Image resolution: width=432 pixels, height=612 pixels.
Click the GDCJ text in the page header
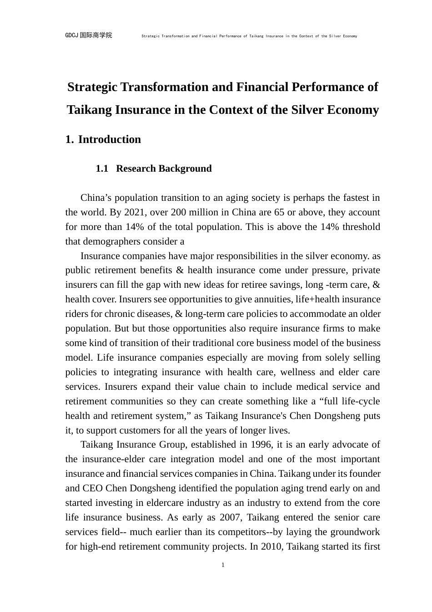pos(72,35)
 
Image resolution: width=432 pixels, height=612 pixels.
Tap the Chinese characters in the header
pos(95,35)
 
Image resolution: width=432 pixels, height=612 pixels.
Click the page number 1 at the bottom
pos(223,565)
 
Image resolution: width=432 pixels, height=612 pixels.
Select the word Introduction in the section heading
pos(110,139)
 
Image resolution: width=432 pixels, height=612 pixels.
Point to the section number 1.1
pos(102,168)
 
